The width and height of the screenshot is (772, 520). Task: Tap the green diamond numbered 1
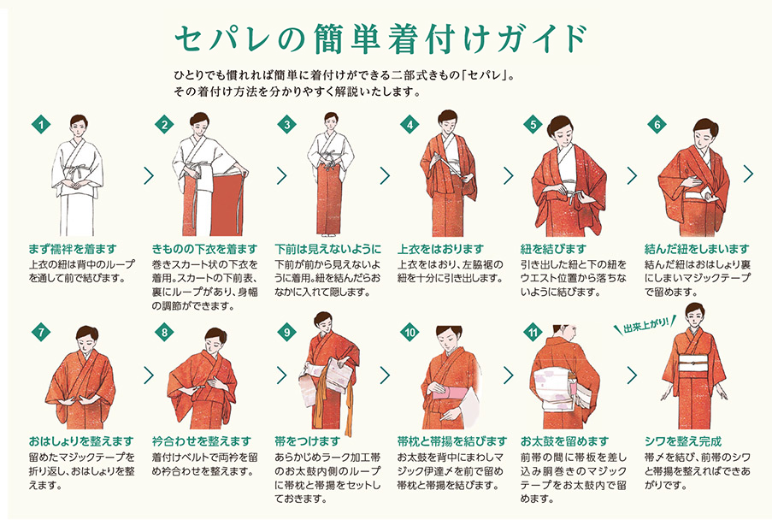(41, 124)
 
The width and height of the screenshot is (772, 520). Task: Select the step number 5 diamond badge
(533, 124)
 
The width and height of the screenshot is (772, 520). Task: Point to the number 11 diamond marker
(533, 333)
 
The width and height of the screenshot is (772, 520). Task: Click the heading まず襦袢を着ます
(73, 249)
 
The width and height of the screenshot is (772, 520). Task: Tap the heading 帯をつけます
(308, 440)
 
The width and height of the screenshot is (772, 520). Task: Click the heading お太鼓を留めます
(565, 440)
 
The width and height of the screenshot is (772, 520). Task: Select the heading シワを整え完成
(683, 440)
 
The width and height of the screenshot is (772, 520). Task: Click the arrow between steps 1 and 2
(148, 175)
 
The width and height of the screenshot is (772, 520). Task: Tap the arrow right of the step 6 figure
(748, 174)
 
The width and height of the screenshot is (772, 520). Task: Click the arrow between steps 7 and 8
(148, 375)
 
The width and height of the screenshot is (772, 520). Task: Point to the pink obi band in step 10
(450, 391)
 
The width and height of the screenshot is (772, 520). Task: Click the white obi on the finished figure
(694, 369)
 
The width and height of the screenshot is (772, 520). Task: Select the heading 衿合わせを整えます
(202, 440)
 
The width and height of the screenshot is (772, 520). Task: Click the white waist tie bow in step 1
(75, 174)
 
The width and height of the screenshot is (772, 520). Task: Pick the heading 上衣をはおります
(440, 249)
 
